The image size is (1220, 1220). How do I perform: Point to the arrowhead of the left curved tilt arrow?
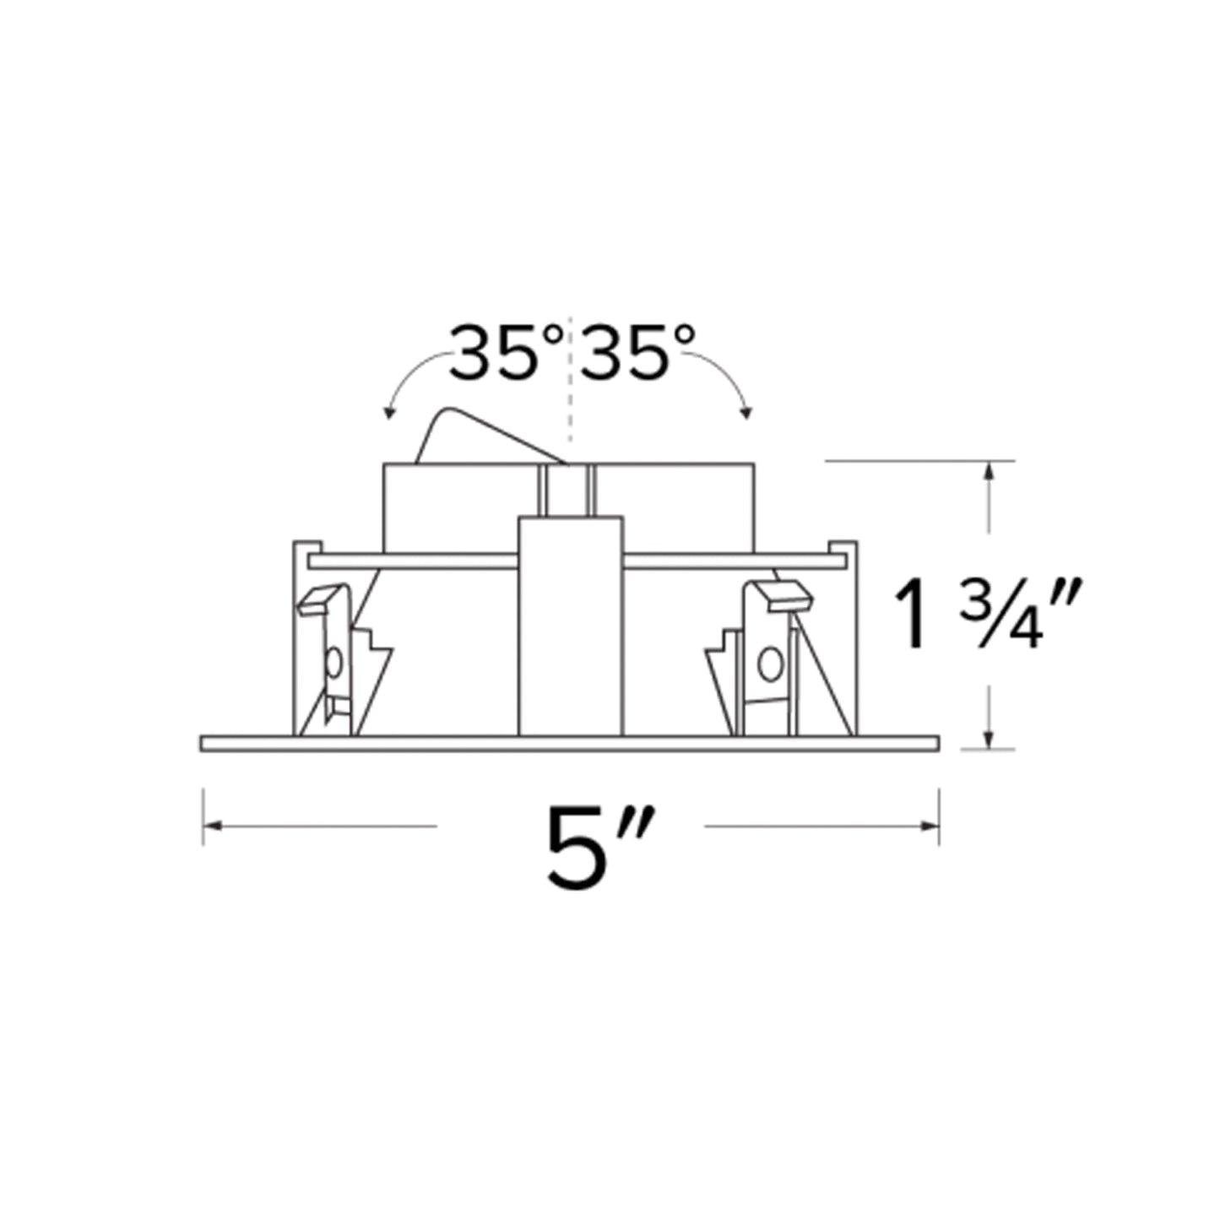pos(388,413)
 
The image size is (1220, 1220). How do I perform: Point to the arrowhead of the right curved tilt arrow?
pos(746,413)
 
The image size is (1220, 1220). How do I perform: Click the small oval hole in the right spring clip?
pos(767,664)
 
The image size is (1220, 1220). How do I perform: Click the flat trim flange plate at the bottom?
pos(570,744)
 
